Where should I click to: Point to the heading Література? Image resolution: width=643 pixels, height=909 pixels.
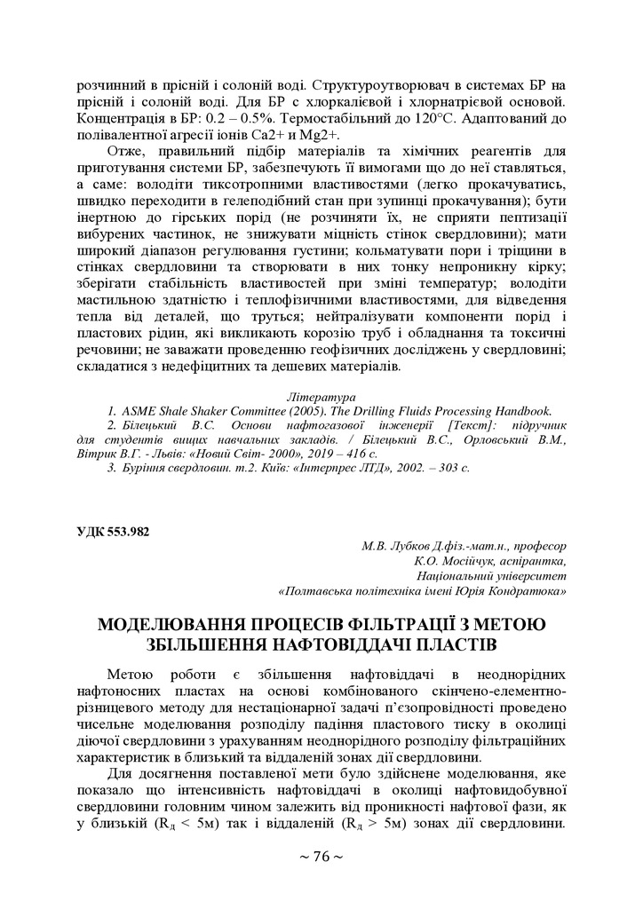[321, 396]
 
